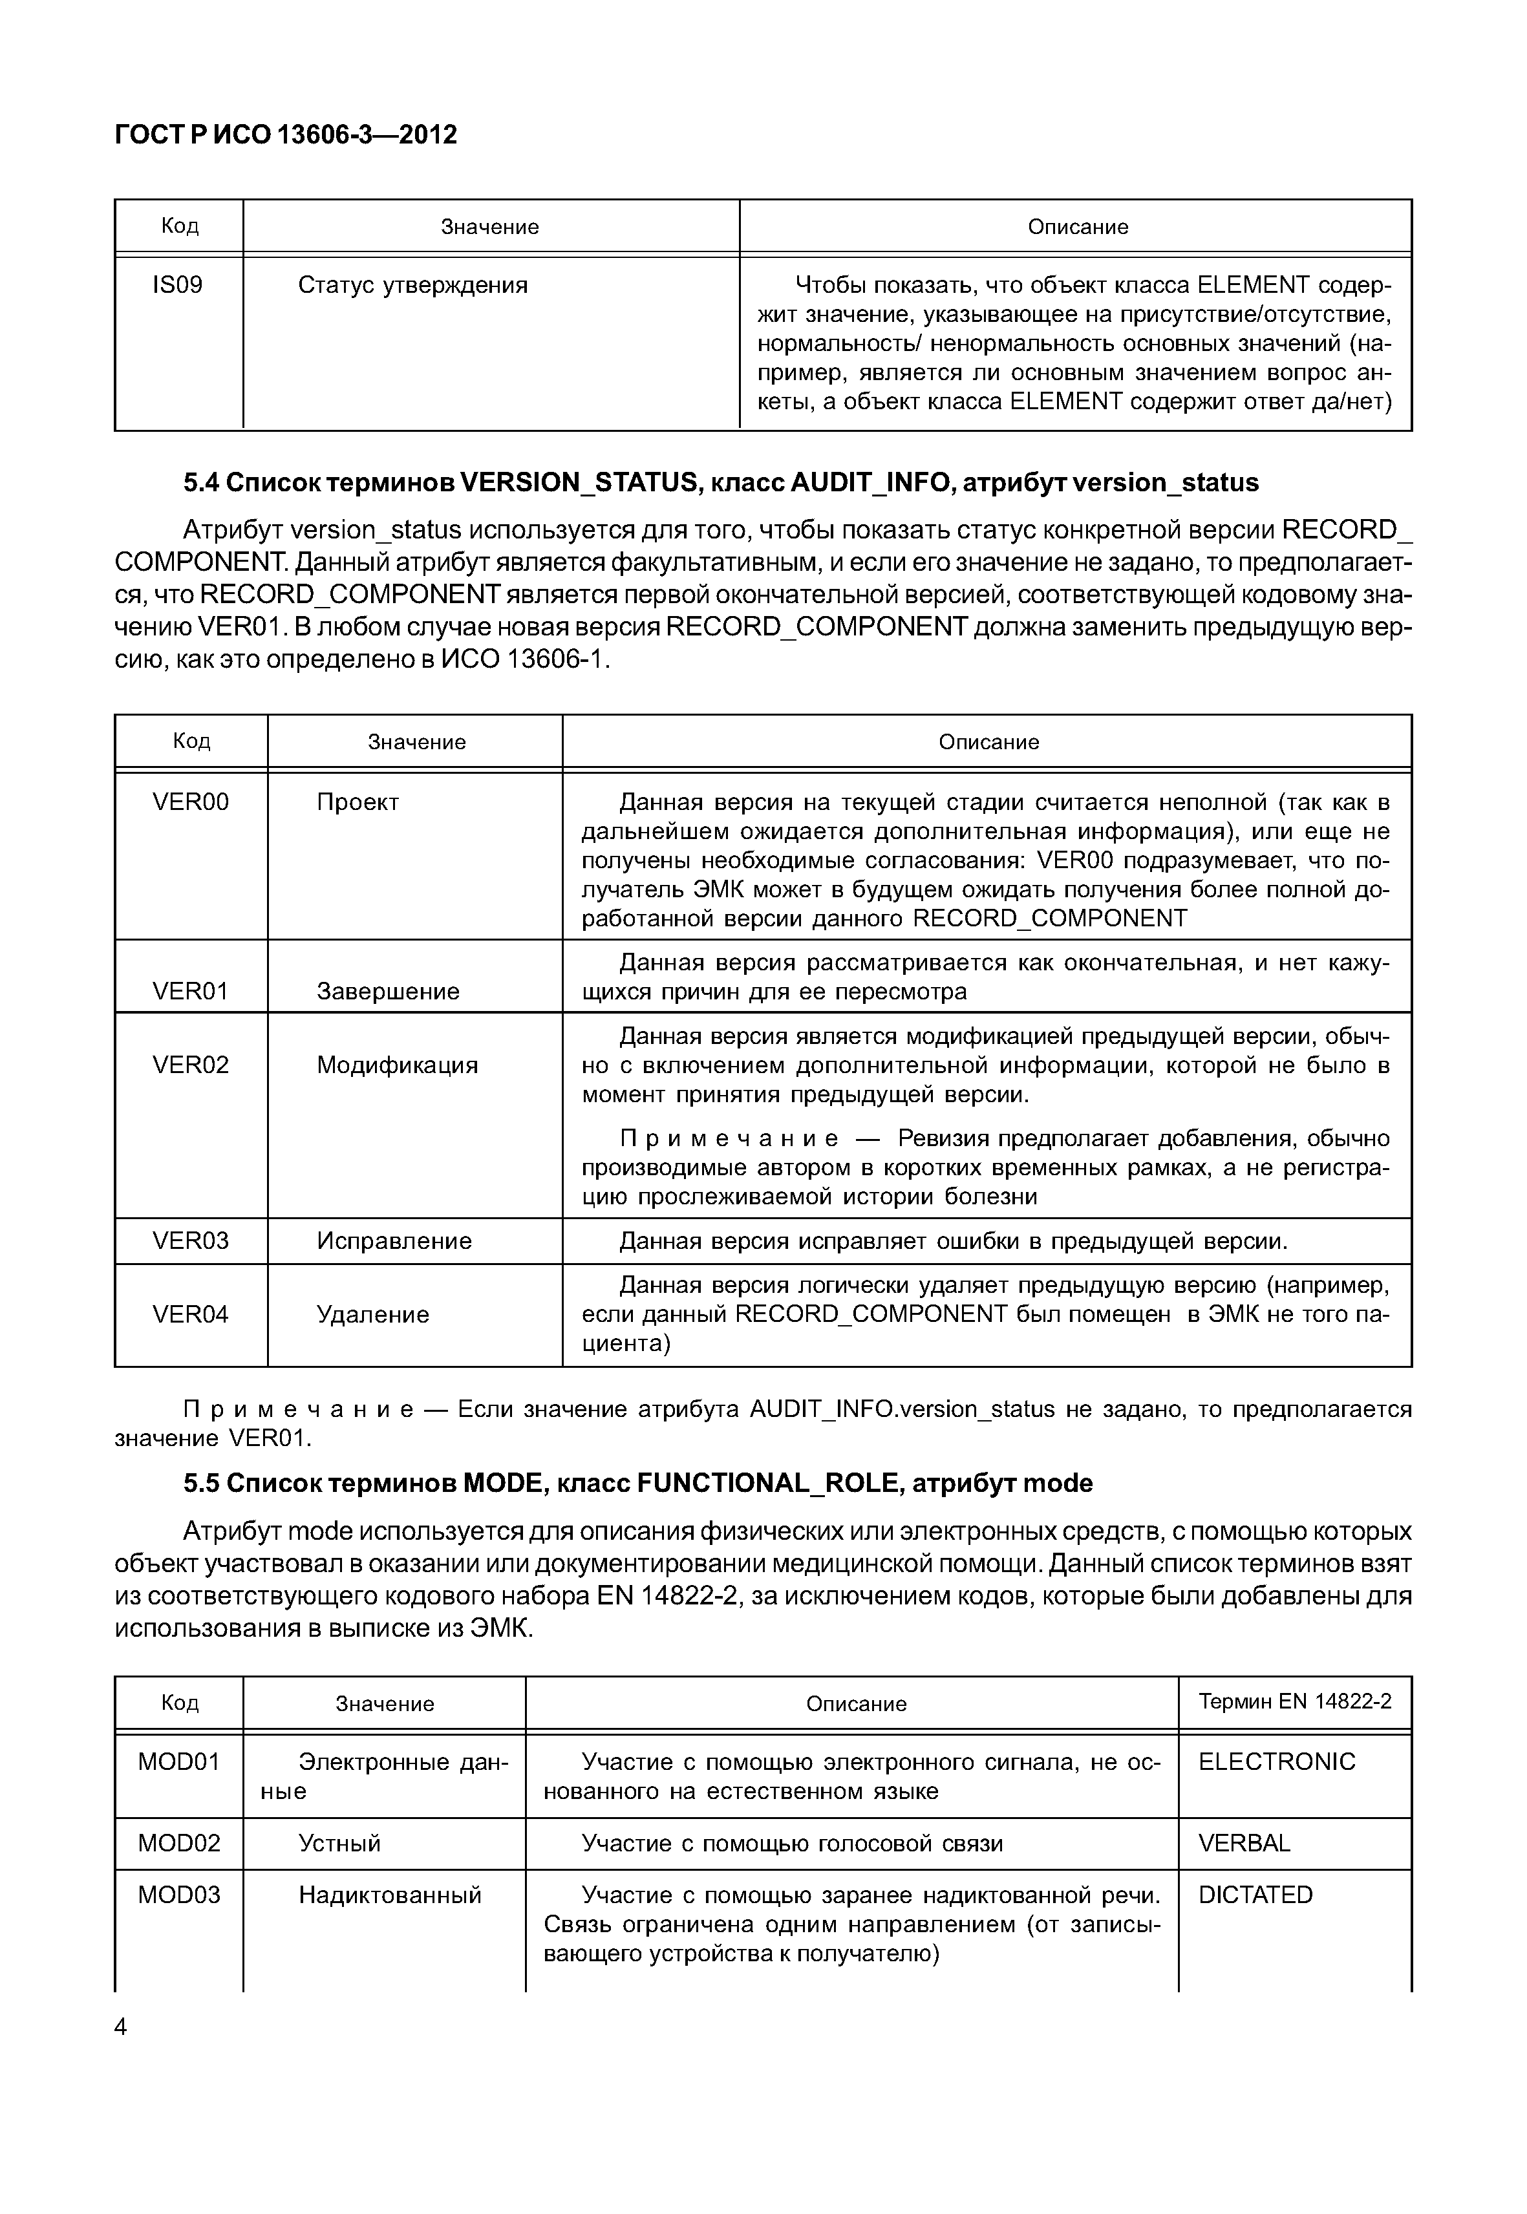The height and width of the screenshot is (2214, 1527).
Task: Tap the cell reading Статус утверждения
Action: coord(412,285)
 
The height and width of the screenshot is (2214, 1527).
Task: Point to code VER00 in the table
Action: coord(191,802)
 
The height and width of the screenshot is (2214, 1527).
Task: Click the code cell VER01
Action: coord(191,991)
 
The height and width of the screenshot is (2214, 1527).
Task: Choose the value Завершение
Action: coord(387,991)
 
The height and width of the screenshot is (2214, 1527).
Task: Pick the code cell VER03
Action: coord(191,1241)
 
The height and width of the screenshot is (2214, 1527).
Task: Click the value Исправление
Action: coord(394,1241)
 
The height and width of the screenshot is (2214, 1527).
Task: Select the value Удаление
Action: coord(372,1315)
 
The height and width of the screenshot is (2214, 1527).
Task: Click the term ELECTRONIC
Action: coord(1276,1762)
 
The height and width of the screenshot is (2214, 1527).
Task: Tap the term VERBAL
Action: coord(1244,1843)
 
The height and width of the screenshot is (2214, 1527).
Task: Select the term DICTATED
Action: coord(1255,1895)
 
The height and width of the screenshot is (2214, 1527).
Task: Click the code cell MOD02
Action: coord(179,1843)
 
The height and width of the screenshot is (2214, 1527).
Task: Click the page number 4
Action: coord(120,2027)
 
